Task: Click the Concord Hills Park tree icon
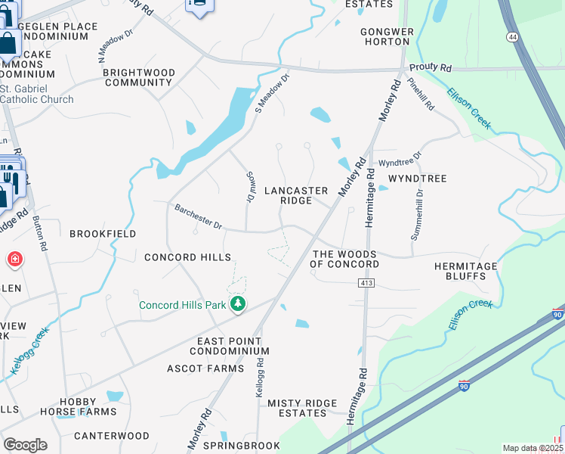(239, 304)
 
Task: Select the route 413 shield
(367, 282)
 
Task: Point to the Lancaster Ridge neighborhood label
(295, 195)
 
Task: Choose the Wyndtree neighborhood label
(417, 179)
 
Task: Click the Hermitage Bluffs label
(465, 272)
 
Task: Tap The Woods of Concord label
(344, 259)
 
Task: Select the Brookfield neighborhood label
(103, 234)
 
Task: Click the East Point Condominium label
(229, 346)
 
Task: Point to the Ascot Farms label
(205, 368)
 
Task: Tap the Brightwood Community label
(138, 77)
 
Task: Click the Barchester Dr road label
(198, 216)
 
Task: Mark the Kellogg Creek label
(30, 351)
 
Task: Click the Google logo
(25, 444)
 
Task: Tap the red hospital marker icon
(14, 260)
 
